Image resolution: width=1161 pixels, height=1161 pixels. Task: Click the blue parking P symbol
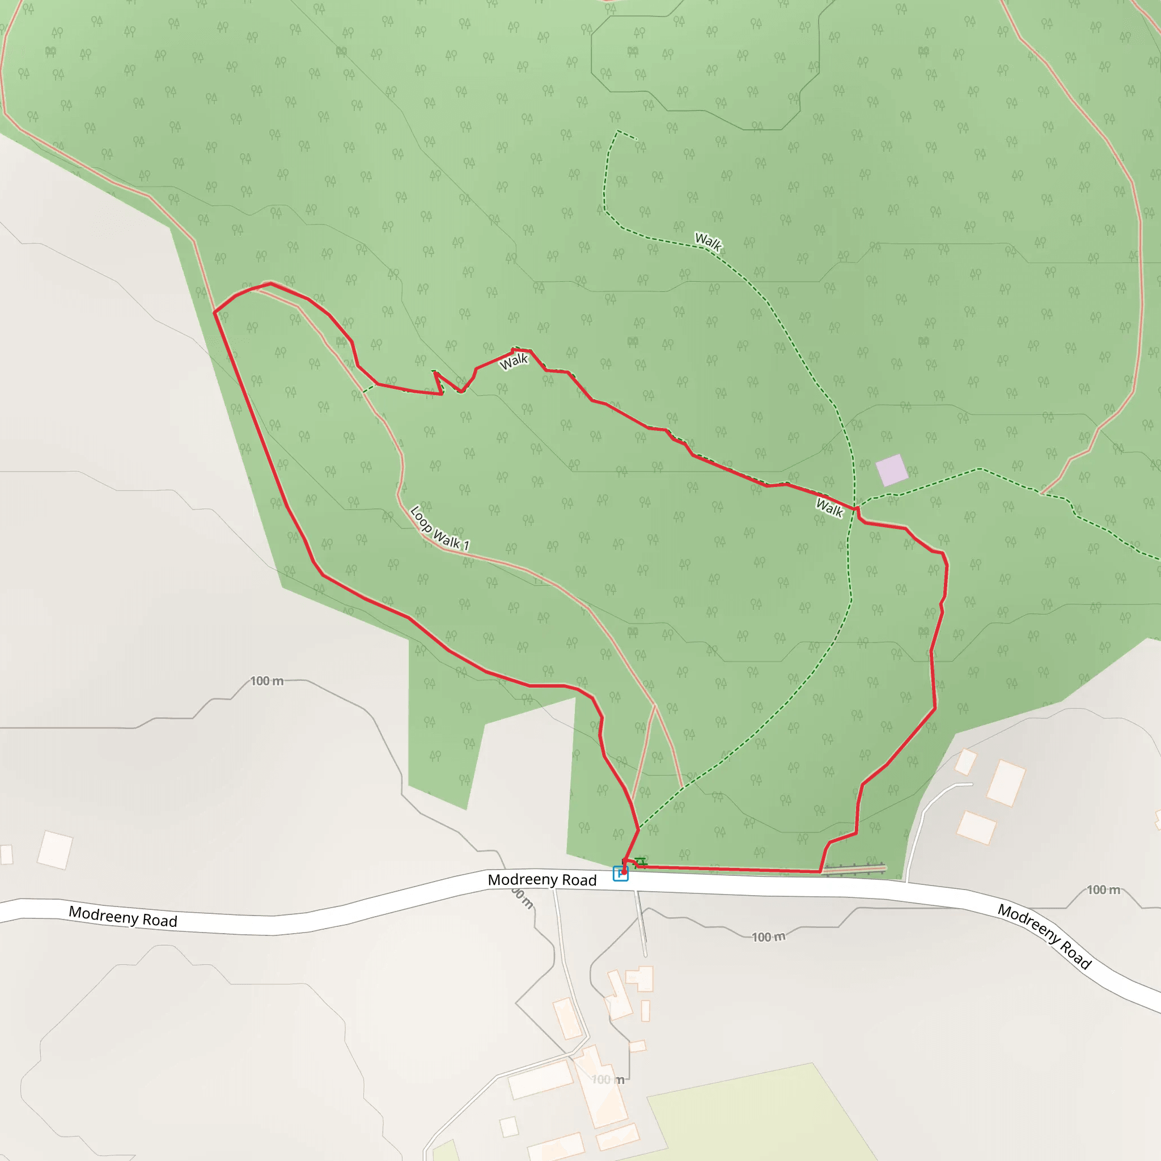pos(620,873)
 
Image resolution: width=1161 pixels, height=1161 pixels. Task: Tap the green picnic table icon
pos(641,862)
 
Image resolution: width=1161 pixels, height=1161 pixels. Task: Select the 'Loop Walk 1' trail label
pos(439,528)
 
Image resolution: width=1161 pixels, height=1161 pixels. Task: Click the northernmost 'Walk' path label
pos(708,241)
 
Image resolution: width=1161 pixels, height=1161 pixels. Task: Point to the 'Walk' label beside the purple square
pos(829,509)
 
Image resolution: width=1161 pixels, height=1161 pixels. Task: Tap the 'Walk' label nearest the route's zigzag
pos(514,361)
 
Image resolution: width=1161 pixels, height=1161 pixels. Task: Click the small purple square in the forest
pos(892,470)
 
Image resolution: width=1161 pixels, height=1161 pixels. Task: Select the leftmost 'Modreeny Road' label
pos(122,917)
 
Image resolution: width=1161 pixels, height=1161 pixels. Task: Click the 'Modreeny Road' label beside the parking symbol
pos(542,880)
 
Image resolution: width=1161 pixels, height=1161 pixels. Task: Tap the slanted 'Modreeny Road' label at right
pos(1044,937)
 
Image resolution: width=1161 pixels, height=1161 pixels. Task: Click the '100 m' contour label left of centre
pos(267,681)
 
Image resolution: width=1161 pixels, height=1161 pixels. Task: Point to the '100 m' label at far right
pos(1103,890)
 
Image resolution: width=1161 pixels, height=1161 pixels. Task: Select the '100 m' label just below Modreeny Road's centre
pos(768,937)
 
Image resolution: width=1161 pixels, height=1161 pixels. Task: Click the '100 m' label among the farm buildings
pos(608,1080)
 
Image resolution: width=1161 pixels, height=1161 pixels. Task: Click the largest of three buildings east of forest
pos(1005,783)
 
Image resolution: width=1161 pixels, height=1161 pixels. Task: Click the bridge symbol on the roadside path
pos(853,869)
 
